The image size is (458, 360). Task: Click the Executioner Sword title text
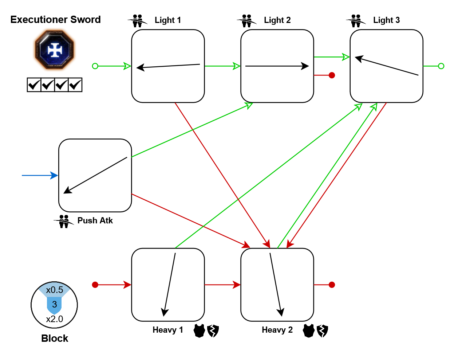click(55, 20)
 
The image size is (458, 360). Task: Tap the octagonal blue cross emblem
click(55, 50)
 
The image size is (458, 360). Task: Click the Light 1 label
click(167, 20)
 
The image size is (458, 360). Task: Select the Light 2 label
click(277, 20)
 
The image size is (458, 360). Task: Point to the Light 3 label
click(386, 20)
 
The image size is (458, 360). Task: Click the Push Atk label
click(95, 220)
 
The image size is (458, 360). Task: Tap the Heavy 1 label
click(167, 330)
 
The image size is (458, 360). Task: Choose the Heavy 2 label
click(277, 330)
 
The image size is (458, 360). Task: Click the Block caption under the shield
click(55, 339)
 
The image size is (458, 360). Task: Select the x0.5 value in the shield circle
click(55, 290)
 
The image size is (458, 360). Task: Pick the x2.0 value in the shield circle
click(55, 319)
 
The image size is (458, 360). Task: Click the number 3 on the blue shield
click(55, 305)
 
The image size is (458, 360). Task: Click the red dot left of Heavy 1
click(95, 285)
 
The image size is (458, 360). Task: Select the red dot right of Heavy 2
click(332, 285)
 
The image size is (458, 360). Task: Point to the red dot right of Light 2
click(332, 75)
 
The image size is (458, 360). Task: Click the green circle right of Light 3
click(441, 66)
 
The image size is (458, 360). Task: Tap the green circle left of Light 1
click(95, 66)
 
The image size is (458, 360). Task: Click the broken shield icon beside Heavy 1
click(213, 331)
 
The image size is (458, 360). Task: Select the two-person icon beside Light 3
click(356, 21)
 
